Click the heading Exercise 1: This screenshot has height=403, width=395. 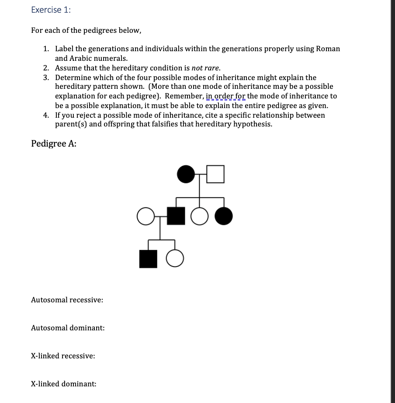pos(51,11)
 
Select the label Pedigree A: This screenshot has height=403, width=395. pos(54,144)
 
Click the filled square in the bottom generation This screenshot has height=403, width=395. pos(148,259)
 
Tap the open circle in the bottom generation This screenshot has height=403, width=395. pos(175,259)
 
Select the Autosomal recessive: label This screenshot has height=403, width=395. pos(67,300)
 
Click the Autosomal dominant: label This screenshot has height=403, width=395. pos(68,328)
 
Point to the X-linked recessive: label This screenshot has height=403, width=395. pos(63,356)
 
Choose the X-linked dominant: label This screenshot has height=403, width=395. pos(64,384)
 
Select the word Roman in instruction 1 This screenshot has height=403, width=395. pos(328,49)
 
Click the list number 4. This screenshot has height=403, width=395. pos(46,115)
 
